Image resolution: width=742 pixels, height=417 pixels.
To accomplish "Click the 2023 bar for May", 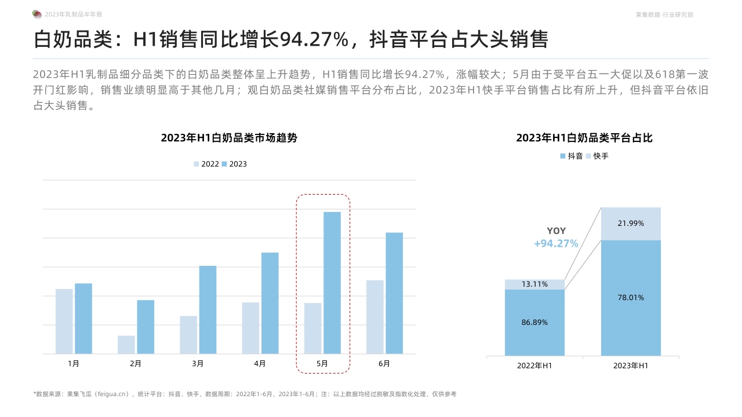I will coord(332,283).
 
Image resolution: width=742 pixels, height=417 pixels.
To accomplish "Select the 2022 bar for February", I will coord(126,345).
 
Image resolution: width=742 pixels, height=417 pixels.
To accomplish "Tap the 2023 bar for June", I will coord(394,293).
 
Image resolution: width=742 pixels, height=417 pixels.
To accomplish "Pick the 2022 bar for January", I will coord(64,321).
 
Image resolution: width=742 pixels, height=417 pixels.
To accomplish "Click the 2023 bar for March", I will coord(208,309).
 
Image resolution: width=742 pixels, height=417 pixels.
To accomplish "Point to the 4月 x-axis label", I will coord(260,364).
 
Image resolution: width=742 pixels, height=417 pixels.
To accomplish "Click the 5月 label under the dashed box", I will coord(322,364).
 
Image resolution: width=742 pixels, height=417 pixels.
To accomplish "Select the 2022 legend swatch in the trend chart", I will coord(197,164).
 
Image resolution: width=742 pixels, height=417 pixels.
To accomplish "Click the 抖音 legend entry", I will coord(571,156).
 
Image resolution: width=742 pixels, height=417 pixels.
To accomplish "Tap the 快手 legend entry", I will coord(597,156).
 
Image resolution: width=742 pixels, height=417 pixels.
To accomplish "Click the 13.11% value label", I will coord(534,284).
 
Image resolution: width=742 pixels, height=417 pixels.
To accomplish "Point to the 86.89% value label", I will coord(534,323).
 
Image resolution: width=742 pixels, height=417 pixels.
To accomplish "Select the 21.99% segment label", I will coord(631,223).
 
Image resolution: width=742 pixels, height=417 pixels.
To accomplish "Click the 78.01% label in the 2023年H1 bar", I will coord(631,298).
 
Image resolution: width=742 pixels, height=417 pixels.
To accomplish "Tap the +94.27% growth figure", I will coord(556,244).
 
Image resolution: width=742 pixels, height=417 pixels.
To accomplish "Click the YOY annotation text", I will coord(556,231).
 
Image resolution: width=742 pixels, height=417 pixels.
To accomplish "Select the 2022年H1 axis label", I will coord(534,366).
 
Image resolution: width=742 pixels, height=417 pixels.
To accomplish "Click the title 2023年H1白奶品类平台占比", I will coord(584,138).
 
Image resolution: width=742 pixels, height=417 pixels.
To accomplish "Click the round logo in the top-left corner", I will coord(37,14).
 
